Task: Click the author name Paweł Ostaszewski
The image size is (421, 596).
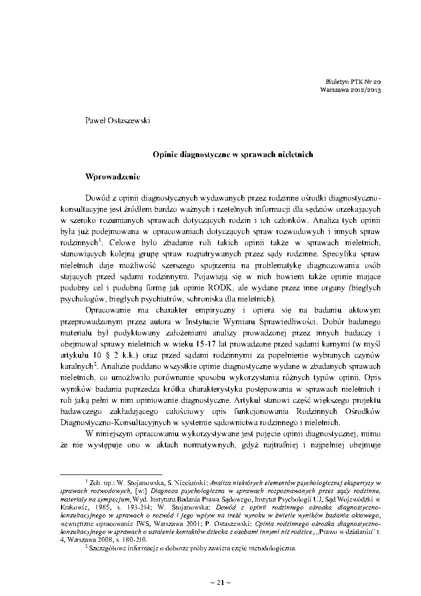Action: (118, 120)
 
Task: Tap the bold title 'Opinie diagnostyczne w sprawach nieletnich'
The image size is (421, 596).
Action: (233, 154)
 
